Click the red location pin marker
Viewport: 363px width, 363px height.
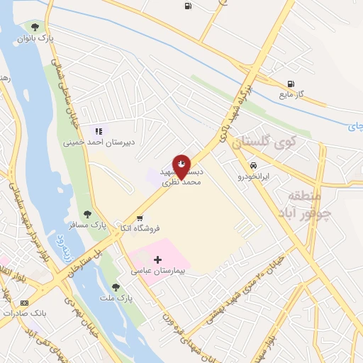coord(181,165)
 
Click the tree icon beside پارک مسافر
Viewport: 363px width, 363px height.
coord(87,213)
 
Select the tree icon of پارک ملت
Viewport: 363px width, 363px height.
coord(116,287)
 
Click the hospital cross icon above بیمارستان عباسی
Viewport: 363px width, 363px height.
coord(157,259)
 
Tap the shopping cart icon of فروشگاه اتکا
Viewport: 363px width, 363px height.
coord(140,217)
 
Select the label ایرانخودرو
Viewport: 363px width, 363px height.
coord(254,177)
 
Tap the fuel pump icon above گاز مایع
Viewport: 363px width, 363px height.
coord(291,84)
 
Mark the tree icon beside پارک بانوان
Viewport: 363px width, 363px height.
coord(35,27)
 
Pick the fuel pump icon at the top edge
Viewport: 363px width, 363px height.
coord(187,6)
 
